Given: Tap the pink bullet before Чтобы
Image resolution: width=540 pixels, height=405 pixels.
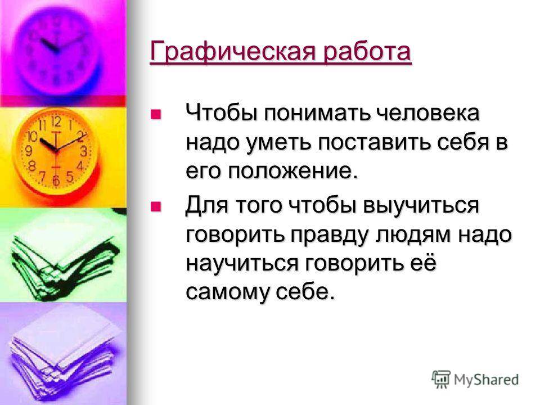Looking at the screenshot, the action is coord(156,114).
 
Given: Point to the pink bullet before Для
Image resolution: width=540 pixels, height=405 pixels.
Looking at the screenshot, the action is coord(156,206).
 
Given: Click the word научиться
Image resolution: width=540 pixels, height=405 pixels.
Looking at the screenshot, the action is coord(242,264).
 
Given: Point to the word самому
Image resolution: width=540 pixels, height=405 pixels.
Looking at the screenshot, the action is coord(227,292).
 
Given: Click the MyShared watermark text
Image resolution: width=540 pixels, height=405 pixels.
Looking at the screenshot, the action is coord(486,380).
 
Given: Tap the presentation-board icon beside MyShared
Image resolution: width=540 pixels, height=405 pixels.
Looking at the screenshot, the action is coord(441,379).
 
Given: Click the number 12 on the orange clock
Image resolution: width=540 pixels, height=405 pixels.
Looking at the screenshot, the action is coord(56,122).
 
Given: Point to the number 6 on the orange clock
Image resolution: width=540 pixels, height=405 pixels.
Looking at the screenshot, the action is coord(56,181).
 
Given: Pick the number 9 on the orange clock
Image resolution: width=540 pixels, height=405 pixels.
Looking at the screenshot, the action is coord(29,151).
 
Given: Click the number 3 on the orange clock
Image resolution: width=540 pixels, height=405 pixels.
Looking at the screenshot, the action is coord(83,151).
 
